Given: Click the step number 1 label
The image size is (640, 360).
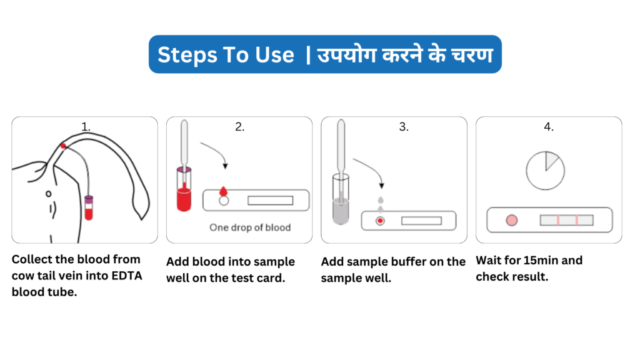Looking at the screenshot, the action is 85,127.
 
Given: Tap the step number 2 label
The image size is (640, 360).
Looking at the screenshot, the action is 239,127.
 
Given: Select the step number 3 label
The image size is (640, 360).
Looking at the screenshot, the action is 404,127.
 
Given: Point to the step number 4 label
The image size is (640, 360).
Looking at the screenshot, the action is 549,127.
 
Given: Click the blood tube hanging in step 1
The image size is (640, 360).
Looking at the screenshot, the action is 89,207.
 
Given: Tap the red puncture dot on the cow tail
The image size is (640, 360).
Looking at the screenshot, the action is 63,146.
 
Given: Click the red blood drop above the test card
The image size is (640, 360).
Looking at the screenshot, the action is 223,191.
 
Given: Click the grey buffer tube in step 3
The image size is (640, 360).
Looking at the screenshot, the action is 341,199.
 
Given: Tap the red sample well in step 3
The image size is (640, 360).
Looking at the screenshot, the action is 380,221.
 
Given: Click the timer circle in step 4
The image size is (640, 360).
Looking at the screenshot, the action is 545,171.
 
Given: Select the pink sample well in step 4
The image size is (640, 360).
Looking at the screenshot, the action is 512,221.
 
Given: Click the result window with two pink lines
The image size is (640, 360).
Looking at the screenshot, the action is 566,221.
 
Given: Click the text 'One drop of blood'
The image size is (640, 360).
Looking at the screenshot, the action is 250,227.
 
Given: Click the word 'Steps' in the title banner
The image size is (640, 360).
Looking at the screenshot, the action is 187,55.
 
